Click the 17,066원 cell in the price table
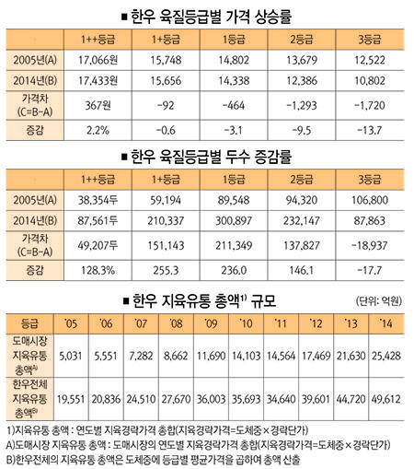pyautogui.click(x=98, y=60)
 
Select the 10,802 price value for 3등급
pyautogui.click(x=370, y=81)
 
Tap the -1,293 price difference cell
pyautogui.click(x=302, y=106)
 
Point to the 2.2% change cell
pyautogui.click(x=98, y=130)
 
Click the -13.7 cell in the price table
pyautogui.click(x=370, y=130)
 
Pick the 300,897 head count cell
pyautogui.click(x=234, y=220)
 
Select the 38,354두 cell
pyautogui.click(x=98, y=200)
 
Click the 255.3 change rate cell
pyautogui.click(x=166, y=270)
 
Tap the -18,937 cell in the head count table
pyautogui.click(x=371, y=245)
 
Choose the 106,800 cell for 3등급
pyautogui.click(x=370, y=200)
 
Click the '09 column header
pyautogui.click(x=211, y=323)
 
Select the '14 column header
pyautogui.click(x=385, y=323)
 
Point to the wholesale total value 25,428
pyautogui.click(x=386, y=356)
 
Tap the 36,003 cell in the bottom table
pyautogui.click(x=211, y=399)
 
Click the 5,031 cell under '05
pyautogui.click(x=71, y=356)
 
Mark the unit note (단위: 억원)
pyautogui.click(x=379, y=300)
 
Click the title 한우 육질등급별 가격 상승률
pyautogui.click(x=207, y=17)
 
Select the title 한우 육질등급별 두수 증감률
pyautogui.click(x=207, y=157)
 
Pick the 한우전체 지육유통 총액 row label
pyautogui.click(x=29, y=399)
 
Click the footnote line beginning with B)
pyautogui.click(x=153, y=460)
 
